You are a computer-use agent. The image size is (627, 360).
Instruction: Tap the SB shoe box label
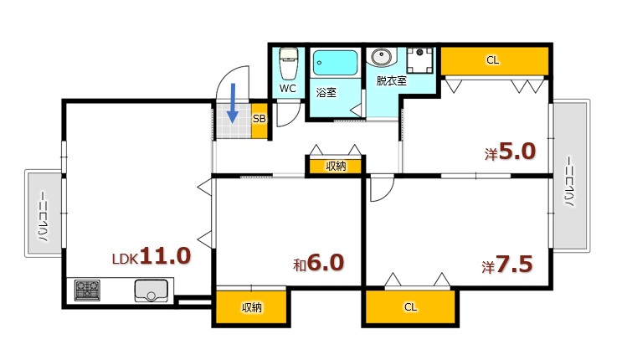pyautogui.click(x=259, y=119)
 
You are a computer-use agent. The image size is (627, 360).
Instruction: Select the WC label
pyautogui.click(x=287, y=88)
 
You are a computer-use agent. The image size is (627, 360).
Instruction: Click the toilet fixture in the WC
pyautogui.click(x=288, y=61)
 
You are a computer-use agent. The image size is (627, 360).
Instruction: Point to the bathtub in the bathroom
pyautogui.click(x=336, y=63)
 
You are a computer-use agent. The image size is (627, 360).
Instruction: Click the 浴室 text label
pyautogui.click(x=326, y=92)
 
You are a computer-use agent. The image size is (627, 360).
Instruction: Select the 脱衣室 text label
pyautogui.click(x=391, y=81)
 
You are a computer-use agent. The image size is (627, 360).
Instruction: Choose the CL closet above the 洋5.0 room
pyautogui.click(x=493, y=60)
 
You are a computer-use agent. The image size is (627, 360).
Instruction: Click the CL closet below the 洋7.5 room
pyautogui.click(x=410, y=307)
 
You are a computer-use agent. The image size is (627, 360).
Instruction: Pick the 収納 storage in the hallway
pyautogui.click(x=335, y=167)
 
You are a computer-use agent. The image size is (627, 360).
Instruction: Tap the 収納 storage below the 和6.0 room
pyautogui.click(x=251, y=307)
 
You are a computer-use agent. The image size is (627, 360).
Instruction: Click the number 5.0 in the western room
pyautogui.click(x=517, y=152)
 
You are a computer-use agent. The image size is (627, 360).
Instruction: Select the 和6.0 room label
pyautogui.click(x=318, y=264)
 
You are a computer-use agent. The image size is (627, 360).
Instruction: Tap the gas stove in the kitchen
pyautogui.click(x=87, y=291)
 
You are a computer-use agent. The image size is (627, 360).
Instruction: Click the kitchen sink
pyautogui.click(x=152, y=291)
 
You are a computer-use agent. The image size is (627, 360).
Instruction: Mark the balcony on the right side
pyautogui.click(x=571, y=175)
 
